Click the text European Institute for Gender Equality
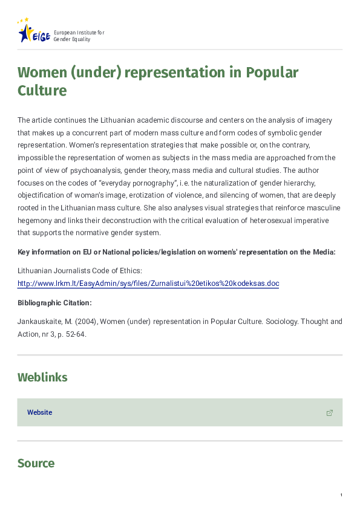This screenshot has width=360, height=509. coord(79,35)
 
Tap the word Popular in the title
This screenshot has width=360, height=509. coord(272,73)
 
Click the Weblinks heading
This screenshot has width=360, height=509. coord(42,378)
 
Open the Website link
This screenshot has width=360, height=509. coord(39,412)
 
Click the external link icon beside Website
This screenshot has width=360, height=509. coord(330,413)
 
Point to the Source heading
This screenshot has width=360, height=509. coord(36,464)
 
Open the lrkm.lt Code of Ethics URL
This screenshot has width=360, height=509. coord(148,284)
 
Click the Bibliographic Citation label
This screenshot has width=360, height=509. coord(54,303)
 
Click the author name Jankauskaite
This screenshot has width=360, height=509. coord(38,322)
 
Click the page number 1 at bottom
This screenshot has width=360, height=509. coord(341,496)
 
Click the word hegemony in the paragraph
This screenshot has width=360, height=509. coord(36,221)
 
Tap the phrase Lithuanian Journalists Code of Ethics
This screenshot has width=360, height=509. coord(80,271)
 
